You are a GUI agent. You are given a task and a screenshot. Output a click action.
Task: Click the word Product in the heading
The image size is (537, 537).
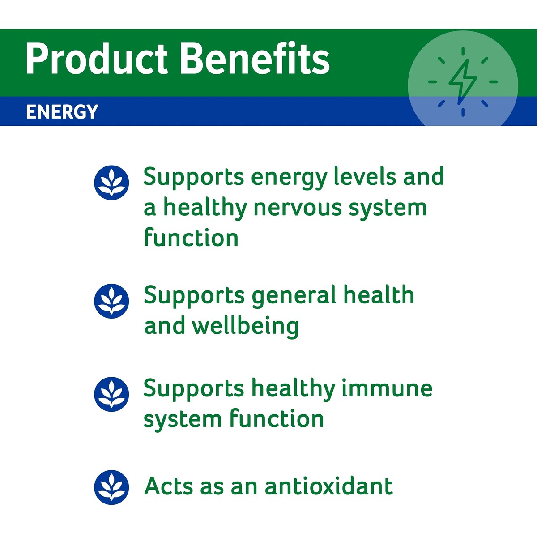[x=96, y=60]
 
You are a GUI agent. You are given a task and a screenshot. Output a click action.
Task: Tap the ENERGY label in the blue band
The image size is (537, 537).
[x=62, y=112]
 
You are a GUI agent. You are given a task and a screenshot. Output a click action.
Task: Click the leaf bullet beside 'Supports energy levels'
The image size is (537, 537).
[x=111, y=183]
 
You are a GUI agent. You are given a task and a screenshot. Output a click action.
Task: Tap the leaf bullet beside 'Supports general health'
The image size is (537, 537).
[x=111, y=301]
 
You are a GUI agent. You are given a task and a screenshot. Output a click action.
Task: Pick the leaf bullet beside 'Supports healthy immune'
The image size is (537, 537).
[x=111, y=394]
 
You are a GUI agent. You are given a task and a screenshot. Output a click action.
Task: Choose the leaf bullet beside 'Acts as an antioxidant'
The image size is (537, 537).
[x=111, y=487]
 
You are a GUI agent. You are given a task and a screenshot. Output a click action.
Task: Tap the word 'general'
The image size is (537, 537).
[x=294, y=296]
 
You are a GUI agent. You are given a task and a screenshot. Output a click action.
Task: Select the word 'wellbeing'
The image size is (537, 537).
[x=246, y=327]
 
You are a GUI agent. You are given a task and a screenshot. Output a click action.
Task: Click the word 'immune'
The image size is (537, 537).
[x=387, y=388]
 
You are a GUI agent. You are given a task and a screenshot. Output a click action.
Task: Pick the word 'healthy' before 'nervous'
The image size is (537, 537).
[x=205, y=209]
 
